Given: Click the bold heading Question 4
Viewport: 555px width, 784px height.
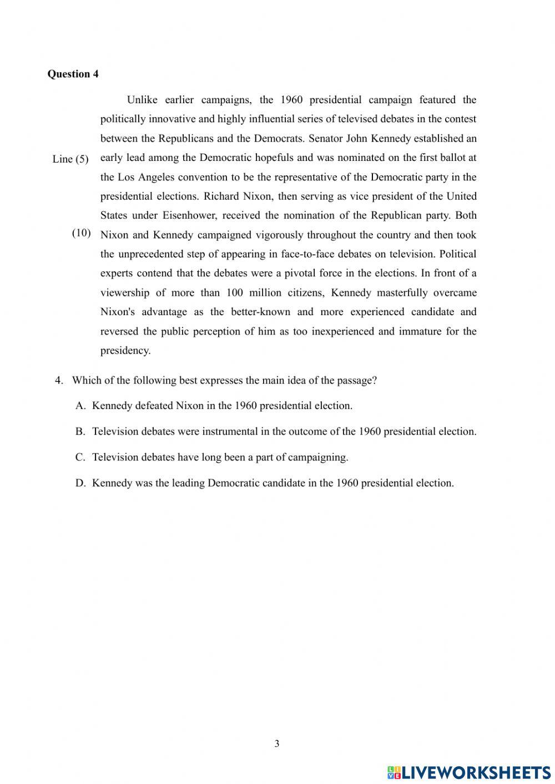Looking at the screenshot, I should click(x=73, y=74).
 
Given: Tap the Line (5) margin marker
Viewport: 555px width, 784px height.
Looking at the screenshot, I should click(x=70, y=159).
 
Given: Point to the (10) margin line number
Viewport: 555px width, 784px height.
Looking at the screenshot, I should click(x=82, y=233).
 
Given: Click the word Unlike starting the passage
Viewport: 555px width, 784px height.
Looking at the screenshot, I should click(x=142, y=100).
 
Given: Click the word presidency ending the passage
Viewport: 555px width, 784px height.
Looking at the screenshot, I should click(x=125, y=351).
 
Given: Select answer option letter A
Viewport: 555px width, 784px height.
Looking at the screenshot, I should click(x=80, y=406).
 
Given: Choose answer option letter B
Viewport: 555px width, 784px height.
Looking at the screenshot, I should click(x=80, y=432).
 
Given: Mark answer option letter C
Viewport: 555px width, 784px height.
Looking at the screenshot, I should click(x=80, y=457).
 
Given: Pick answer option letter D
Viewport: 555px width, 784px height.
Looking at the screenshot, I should click(x=80, y=483).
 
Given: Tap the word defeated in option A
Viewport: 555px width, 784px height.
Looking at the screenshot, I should click(x=153, y=406).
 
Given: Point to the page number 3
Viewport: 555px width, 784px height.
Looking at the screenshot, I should click(x=277, y=743).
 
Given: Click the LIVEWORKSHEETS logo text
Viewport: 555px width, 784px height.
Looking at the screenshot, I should click(x=476, y=772).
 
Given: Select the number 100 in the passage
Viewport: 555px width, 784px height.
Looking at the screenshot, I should click(x=234, y=292).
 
